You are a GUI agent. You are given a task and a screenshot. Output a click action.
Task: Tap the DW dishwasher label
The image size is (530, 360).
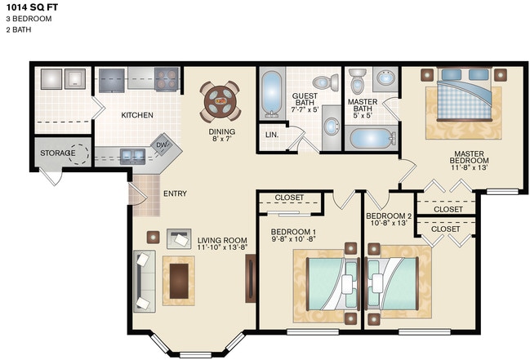coord(163,144)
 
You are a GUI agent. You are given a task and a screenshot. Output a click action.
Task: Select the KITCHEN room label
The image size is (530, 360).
coord(137,115)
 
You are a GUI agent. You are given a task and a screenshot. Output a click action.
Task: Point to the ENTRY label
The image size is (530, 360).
coord(175,193)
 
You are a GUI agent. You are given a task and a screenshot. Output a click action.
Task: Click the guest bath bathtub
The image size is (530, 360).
coord(272,95)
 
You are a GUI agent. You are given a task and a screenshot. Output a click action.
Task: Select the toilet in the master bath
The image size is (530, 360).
coord(358,82)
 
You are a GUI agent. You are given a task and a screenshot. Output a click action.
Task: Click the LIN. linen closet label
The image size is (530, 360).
coord(271,134)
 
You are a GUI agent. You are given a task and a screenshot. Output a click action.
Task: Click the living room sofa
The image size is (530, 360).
coord(144,279)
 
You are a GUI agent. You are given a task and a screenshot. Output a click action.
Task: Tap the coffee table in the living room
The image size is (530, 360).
coord(178,279)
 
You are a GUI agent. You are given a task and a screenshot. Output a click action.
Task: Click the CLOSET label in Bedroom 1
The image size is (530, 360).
coord(290,197)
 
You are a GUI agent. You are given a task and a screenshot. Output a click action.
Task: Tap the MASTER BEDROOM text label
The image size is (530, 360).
coord(469,157)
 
